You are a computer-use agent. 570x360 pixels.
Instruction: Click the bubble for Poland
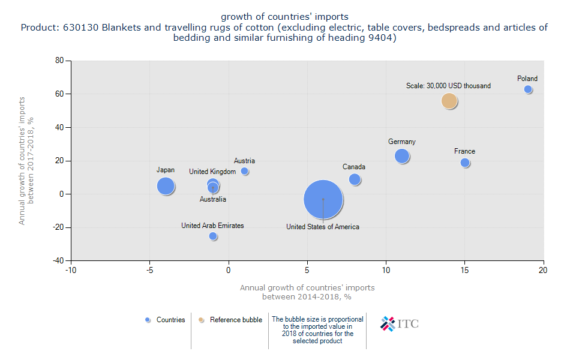(528, 89)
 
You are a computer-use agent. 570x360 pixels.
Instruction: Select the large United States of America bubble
(323, 200)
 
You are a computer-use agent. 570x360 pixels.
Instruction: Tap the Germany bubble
(402, 156)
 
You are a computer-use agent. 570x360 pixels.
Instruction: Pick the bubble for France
(465, 163)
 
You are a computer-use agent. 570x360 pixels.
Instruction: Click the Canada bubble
(355, 179)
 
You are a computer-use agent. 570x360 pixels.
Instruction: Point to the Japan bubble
(166, 186)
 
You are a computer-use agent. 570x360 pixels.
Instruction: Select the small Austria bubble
(244, 172)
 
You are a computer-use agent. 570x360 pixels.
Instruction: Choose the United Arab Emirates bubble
(213, 236)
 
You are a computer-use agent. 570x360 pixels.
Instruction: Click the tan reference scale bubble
(449, 101)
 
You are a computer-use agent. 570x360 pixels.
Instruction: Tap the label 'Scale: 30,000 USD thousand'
(448, 86)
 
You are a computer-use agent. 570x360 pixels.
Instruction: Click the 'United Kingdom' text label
(212, 172)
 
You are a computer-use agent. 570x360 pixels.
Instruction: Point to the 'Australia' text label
(213, 199)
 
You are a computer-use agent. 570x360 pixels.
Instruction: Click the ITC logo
(400, 323)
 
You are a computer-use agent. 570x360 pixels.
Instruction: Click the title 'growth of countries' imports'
(284, 16)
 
